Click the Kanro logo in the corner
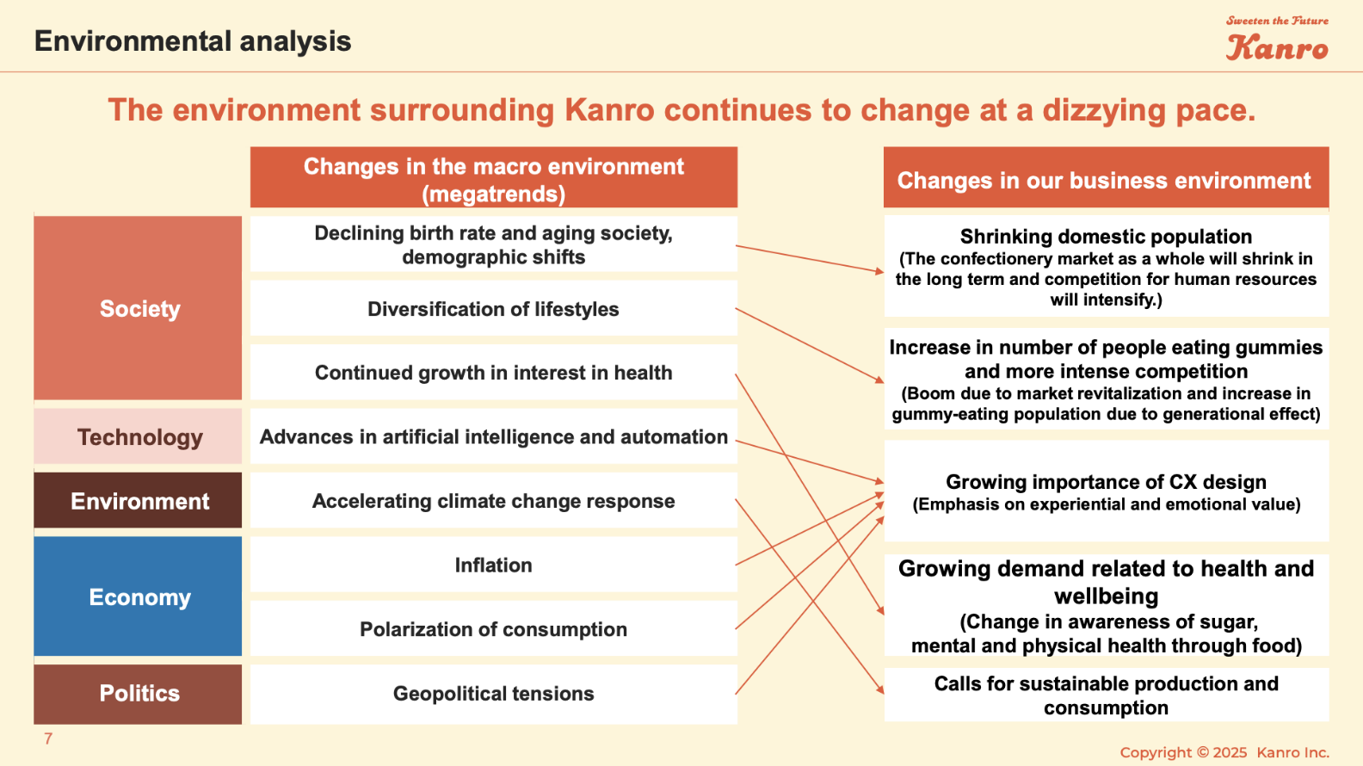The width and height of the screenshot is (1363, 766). tap(1277, 39)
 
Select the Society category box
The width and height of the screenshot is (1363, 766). tap(138, 308)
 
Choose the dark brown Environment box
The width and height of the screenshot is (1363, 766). tap(138, 500)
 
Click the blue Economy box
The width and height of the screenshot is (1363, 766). tap(138, 596)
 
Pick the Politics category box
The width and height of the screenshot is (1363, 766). tap(138, 694)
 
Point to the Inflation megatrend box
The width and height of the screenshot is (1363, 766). tap(493, 565)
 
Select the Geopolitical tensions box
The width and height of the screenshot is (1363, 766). tap(493, 694)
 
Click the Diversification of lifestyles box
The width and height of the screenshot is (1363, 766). tap(493, 308)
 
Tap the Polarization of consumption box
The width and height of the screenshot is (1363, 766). tap(493, 628)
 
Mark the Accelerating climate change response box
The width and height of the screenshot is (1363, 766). tap(493, 500)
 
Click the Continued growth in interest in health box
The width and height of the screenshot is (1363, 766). tap(493, 373)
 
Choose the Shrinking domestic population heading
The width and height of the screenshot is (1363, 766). tap(1106, 236)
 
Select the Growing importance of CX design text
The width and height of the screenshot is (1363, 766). tap(1106, 482)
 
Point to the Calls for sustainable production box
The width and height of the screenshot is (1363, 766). tap(1106, 695)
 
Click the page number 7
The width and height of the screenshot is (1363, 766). tap(48, 738)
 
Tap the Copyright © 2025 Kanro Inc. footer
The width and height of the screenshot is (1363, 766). tap(1224, 752)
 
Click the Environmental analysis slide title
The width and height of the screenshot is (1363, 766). tap(192, 41)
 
